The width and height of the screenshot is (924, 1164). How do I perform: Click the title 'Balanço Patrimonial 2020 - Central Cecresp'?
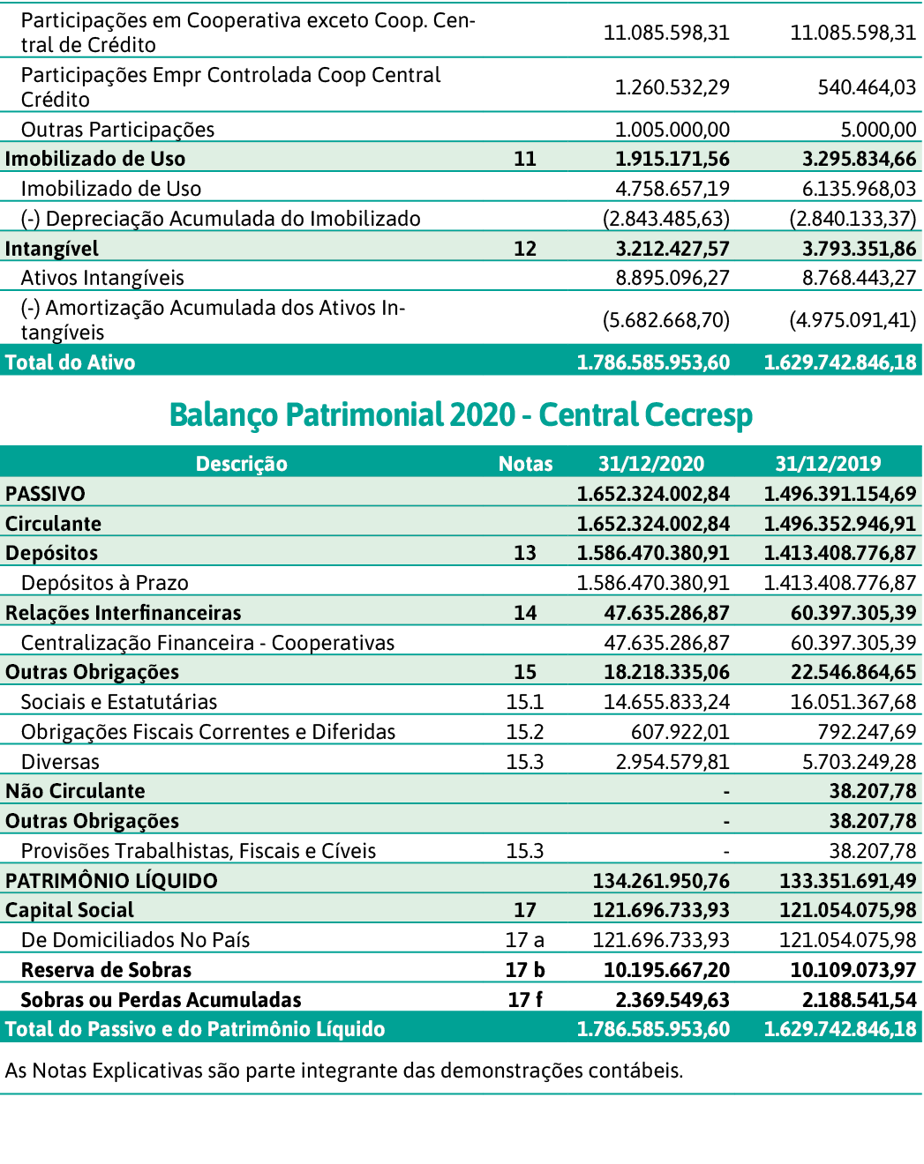click(461, 414)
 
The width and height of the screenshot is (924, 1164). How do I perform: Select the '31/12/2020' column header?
click(651, 464)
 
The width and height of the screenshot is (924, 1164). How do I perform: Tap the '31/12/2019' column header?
click(828, 464)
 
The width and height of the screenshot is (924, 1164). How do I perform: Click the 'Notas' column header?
click(525, 464)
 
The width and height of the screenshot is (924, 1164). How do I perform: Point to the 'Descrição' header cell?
click(241, 464)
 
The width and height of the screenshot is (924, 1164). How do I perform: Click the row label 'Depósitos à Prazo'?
click(104, 583)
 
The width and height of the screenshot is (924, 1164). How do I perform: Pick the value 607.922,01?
click(680, 732)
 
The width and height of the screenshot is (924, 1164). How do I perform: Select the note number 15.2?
click(524, 732)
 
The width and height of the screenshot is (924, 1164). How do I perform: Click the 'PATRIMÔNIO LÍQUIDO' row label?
click(111, 881)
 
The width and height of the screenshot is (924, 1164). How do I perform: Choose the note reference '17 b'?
click(525, 970)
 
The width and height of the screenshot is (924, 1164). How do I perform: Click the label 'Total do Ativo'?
click(70, 362)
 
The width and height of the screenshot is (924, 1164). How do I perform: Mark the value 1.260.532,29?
click(672, 87)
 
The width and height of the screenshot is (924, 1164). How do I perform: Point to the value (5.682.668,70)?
click(665, 320)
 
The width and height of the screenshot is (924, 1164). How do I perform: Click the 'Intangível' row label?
click(51, 249)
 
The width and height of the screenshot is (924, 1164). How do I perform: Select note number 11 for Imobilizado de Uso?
click(525, 159)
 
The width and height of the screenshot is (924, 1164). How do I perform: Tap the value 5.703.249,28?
click(859, 762)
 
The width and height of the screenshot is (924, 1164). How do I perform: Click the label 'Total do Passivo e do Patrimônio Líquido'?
click(195, 1029)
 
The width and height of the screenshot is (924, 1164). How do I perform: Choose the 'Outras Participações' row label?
click(117, 130)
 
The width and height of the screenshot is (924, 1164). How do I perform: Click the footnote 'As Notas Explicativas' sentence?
click(343, 1071)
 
